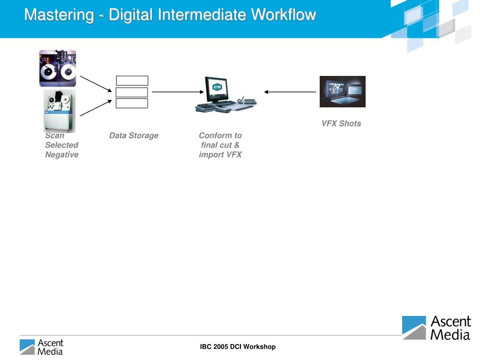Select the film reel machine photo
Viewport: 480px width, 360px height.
[x=58, y=68]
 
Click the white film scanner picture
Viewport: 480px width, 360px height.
[x=60, y=111]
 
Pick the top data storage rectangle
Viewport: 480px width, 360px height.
[x=132, y=81]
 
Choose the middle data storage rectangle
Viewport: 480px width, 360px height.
[x=132, y=92]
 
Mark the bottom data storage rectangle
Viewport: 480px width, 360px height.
[x=132, y=104]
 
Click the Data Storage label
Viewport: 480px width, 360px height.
[x=134, y=135]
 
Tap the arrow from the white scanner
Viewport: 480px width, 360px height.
[x=96, y=107]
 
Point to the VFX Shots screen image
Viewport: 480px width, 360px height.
[x=342, y=91]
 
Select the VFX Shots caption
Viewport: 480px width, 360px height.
[x=341, y=124]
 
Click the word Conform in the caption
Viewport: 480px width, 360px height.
[x=214, y=135]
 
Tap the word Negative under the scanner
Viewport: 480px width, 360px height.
[x=61, y=155]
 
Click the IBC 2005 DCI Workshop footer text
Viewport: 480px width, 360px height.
[x=238, y=347]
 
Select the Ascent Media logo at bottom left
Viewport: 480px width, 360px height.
[x=41, y=347]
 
